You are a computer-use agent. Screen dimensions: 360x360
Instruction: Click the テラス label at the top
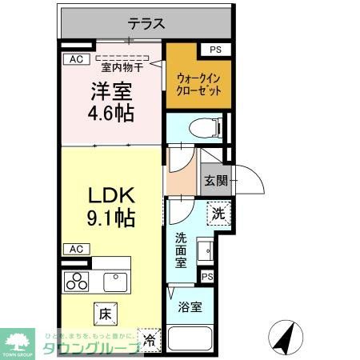click(x=146, y=24)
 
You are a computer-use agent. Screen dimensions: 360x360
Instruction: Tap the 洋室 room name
click(x=111, y=91)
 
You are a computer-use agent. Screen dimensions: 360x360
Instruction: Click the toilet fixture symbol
click(x=199, y=126)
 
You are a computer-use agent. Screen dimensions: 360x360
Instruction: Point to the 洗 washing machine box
click(x=218, y=214)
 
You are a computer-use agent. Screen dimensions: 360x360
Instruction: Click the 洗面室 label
click(x=181, y=250)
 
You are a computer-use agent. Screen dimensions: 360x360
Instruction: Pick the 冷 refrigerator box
click(x=149, y=339)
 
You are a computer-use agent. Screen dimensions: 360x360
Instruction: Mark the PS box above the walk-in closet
click(x=214, y=50)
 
